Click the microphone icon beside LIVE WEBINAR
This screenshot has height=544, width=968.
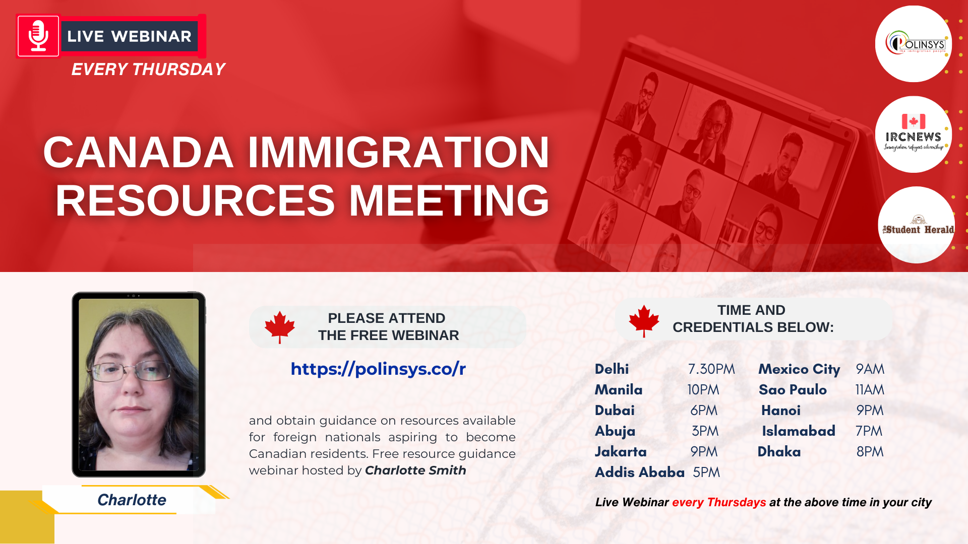pos(38,36)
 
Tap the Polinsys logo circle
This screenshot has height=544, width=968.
pos(913,44)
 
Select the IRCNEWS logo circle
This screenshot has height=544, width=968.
pos(913,134)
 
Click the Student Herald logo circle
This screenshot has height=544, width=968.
pos(916,225)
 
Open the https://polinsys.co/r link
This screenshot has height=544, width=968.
pos(378,369)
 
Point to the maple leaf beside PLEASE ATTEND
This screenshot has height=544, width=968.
pos(280,327)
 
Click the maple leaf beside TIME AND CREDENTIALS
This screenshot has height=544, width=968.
pos(644,321)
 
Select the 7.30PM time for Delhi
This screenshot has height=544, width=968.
pos(711,369)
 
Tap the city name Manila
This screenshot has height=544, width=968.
pos(619,390)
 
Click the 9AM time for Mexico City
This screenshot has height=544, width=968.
pos(870,369)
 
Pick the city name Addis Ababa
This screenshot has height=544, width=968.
pos(640,472)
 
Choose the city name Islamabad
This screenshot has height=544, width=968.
pos(799,431)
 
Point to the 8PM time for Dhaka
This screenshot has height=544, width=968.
pos(870,452)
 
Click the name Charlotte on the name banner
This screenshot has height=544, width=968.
pos(132,500)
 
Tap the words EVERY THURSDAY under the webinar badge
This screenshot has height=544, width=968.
pos(148,70)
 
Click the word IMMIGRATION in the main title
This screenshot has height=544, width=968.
pos(398,152)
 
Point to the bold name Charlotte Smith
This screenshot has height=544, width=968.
pos(415,470)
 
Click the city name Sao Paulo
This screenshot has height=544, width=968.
pos(793,390)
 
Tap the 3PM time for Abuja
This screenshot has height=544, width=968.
pos(705,431)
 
